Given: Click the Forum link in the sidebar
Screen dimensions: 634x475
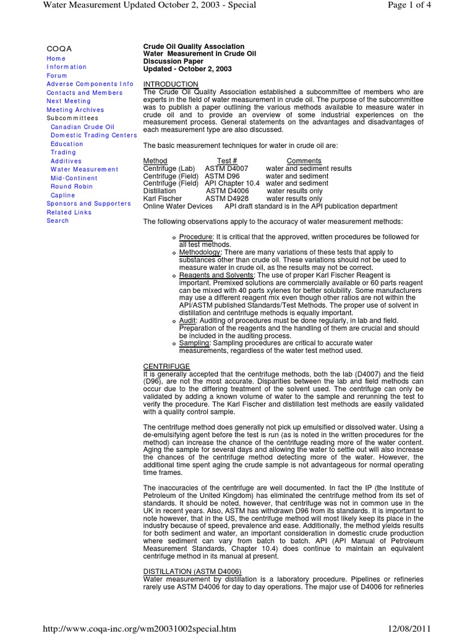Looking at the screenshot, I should coord(57,76).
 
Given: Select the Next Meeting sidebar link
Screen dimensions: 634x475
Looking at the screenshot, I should coord(69,101).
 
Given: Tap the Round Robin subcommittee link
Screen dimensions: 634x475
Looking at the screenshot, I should coord(72,186).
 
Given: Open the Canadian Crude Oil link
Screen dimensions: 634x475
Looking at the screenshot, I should coord(82,127).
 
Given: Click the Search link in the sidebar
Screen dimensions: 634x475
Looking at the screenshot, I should coord(58,220).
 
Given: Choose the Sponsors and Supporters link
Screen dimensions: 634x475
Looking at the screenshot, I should coord(88,203).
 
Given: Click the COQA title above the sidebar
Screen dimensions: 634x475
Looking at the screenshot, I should coord(59,48).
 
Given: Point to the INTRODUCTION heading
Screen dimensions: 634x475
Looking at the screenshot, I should coord(171,84).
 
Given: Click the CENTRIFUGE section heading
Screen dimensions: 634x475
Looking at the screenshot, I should coord(166,367).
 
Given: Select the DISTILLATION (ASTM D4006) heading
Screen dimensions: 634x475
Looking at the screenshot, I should coord(192,571).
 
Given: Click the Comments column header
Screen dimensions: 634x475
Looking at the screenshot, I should coord(304,161).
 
